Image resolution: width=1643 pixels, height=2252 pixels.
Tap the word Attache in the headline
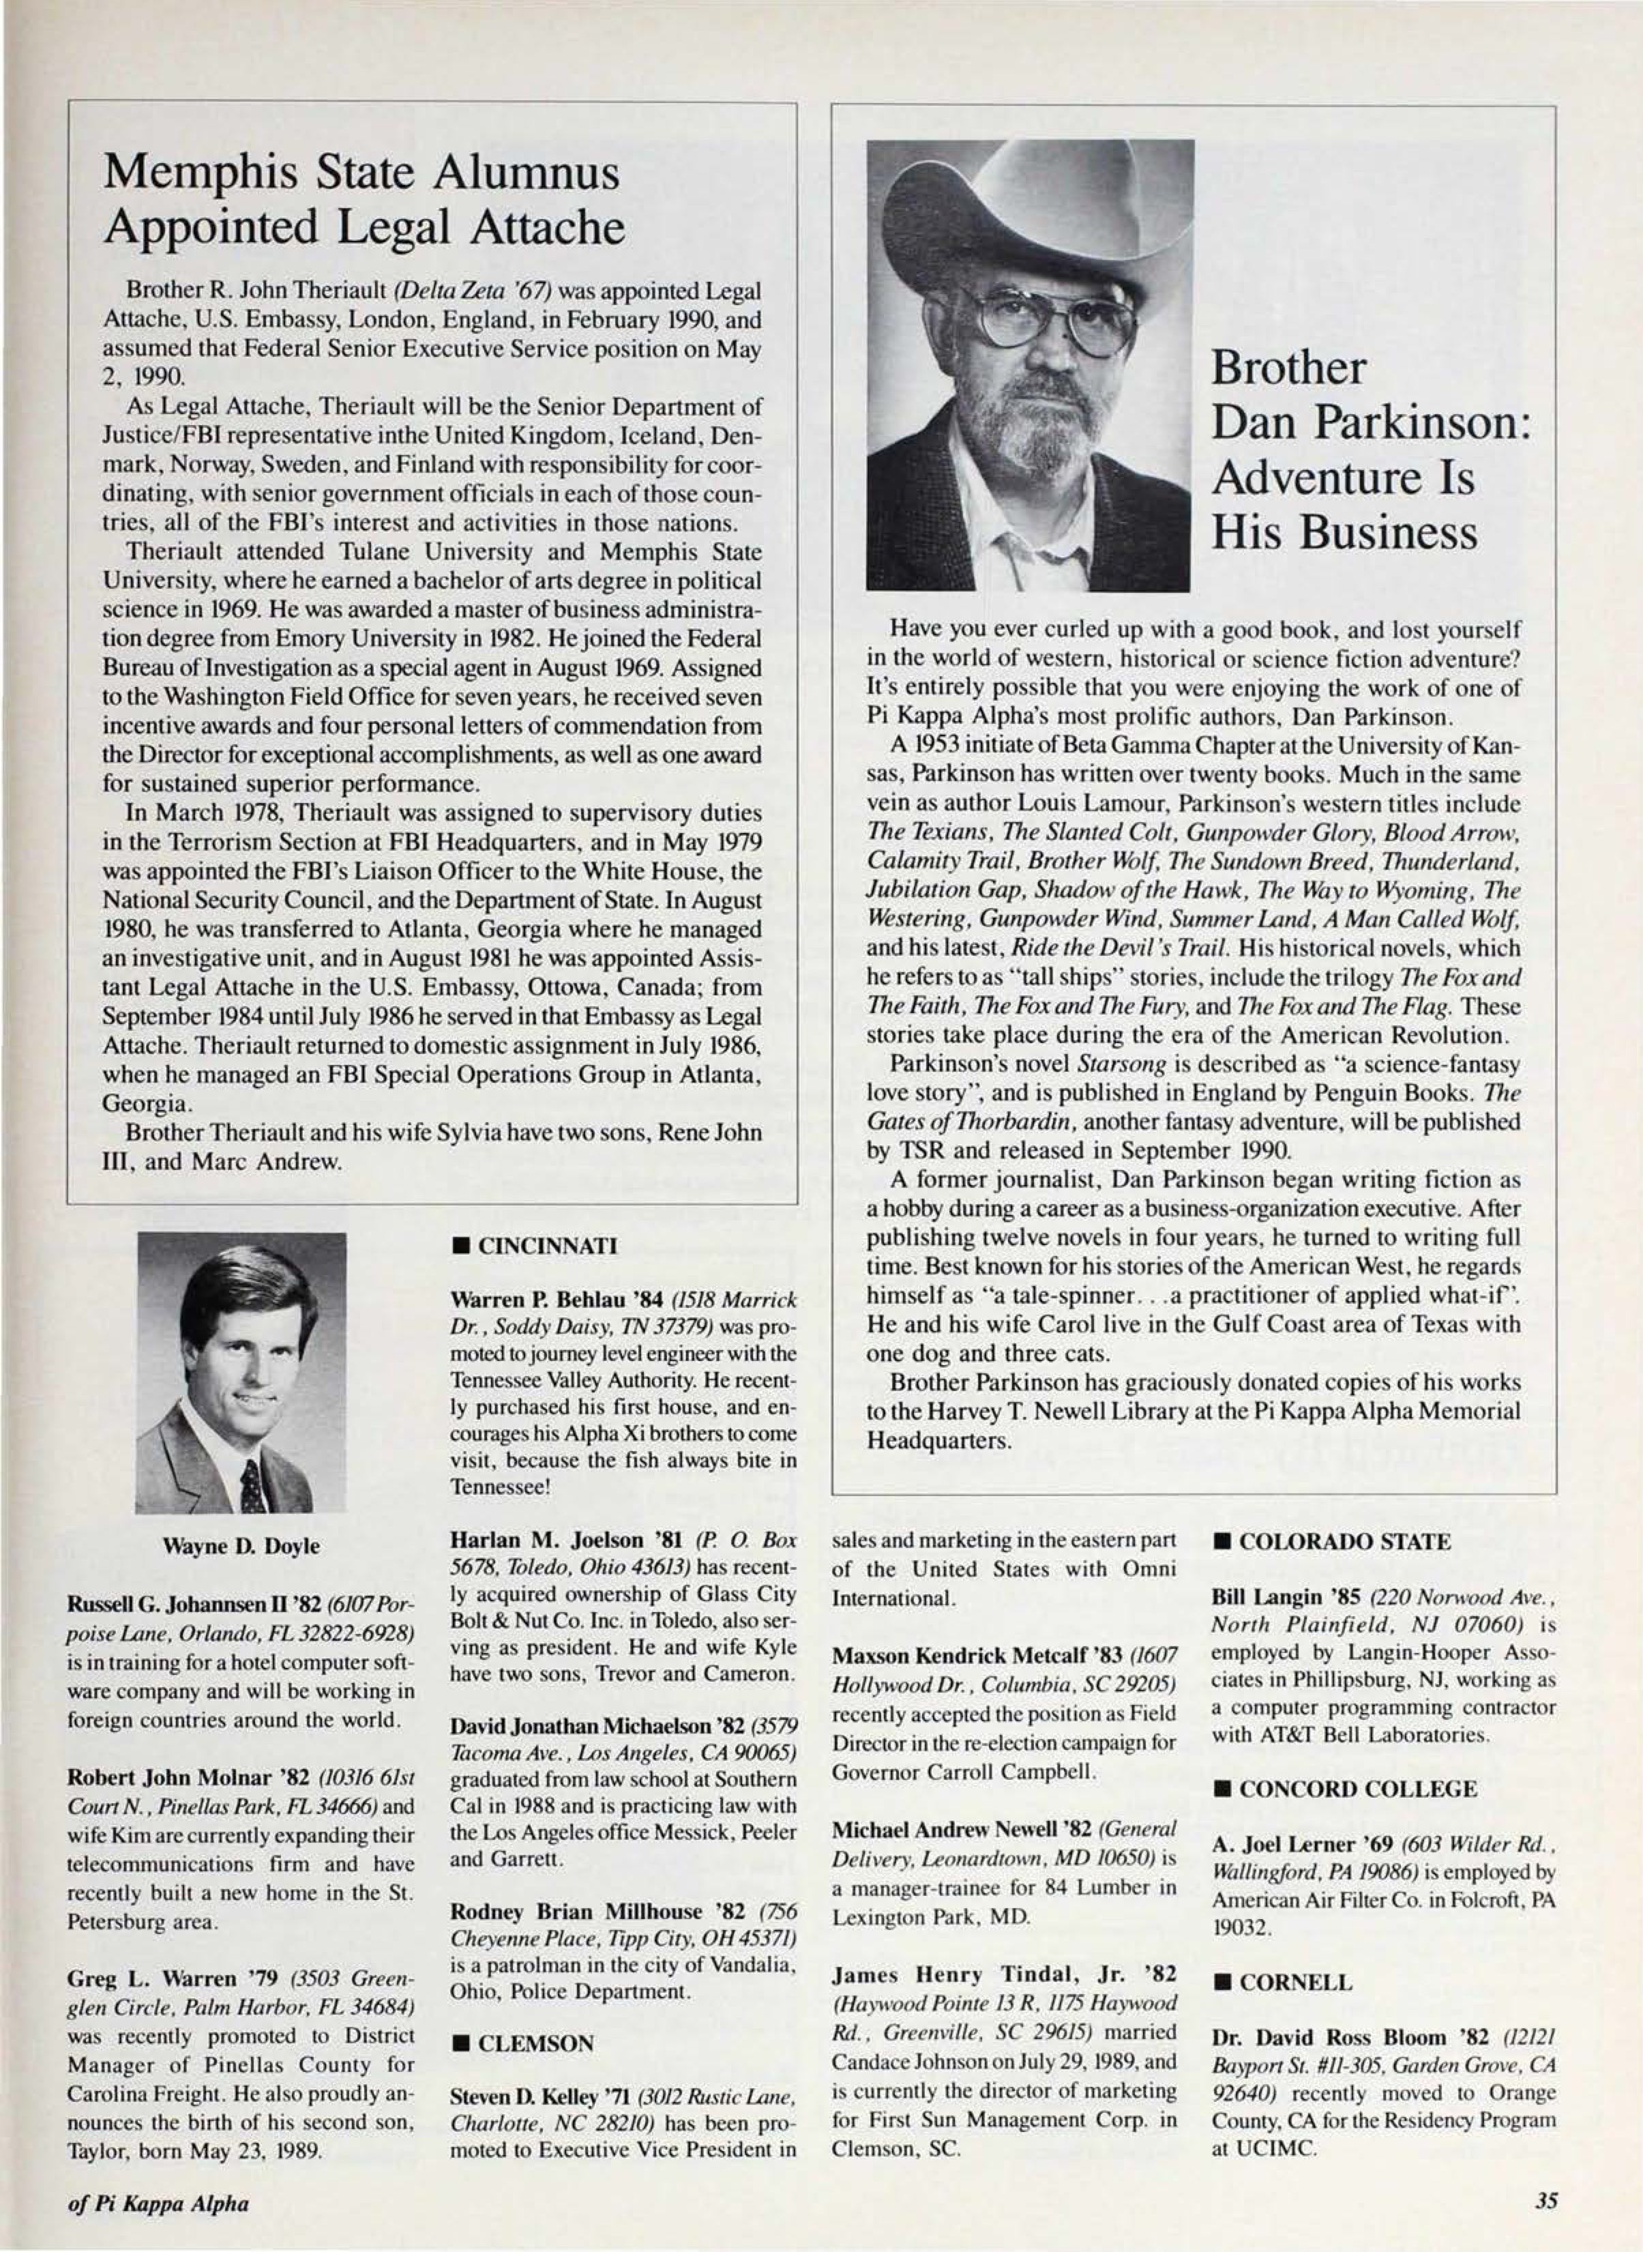[x=546, y=228]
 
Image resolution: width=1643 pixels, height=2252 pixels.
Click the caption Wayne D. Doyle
[x=241, y=1546]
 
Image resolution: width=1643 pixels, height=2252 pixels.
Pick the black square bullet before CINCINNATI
[x=460, y=1245]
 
